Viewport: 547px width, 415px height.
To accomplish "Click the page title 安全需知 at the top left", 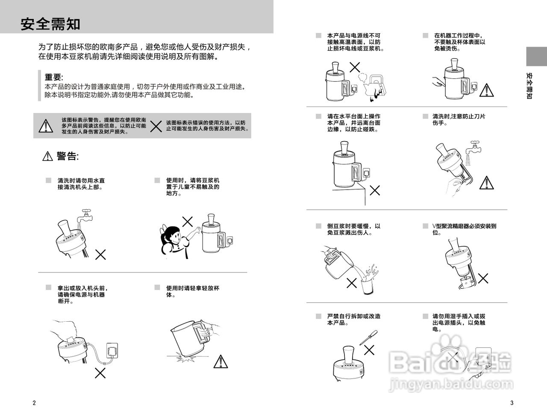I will pos(50,24).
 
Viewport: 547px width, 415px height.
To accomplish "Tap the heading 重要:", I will pos(54,77).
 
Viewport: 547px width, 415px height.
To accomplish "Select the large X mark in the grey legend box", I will pos(156,126).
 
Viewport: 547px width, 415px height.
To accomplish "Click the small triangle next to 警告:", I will pos(47,157).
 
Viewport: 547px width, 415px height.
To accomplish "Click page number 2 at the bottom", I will pos(34,403).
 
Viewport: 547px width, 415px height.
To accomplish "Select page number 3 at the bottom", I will pos(512,403).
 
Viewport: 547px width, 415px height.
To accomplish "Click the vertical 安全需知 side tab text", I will pos(529,86).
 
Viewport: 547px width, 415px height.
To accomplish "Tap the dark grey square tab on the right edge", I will pos(536,56).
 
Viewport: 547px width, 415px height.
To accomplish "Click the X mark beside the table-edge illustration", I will pos(375,190).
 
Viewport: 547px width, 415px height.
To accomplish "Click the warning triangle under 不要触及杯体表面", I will pos(486,90).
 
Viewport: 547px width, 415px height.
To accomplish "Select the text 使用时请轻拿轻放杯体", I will pos(193,291).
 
